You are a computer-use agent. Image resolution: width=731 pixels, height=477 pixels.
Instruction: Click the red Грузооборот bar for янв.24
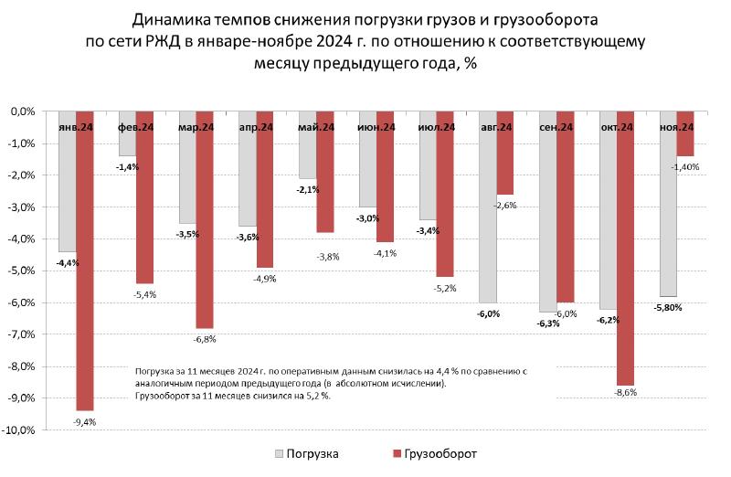(x=84, y=274)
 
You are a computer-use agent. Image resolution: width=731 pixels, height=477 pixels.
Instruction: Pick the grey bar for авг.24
(x=487, y=219)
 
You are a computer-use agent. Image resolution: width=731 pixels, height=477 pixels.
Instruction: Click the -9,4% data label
(x=84, y=421)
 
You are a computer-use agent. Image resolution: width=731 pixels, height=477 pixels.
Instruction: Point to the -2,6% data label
(x=505, y=206)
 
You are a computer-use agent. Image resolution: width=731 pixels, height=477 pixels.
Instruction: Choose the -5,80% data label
(x=667, y=307)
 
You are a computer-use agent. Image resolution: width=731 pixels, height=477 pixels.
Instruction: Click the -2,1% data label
(x=308, y=189)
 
